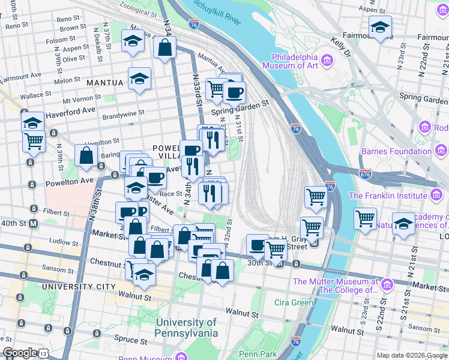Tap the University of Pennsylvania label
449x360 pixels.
[x=186, y=328]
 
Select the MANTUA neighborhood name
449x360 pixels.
[x=104, y=82]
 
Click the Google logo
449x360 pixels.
[x=20, y=353]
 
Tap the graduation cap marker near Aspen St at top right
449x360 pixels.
[x=379, y=28]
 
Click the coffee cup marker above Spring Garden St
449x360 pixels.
[x=234, y=92]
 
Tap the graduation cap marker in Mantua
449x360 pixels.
[x=140, y=79]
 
